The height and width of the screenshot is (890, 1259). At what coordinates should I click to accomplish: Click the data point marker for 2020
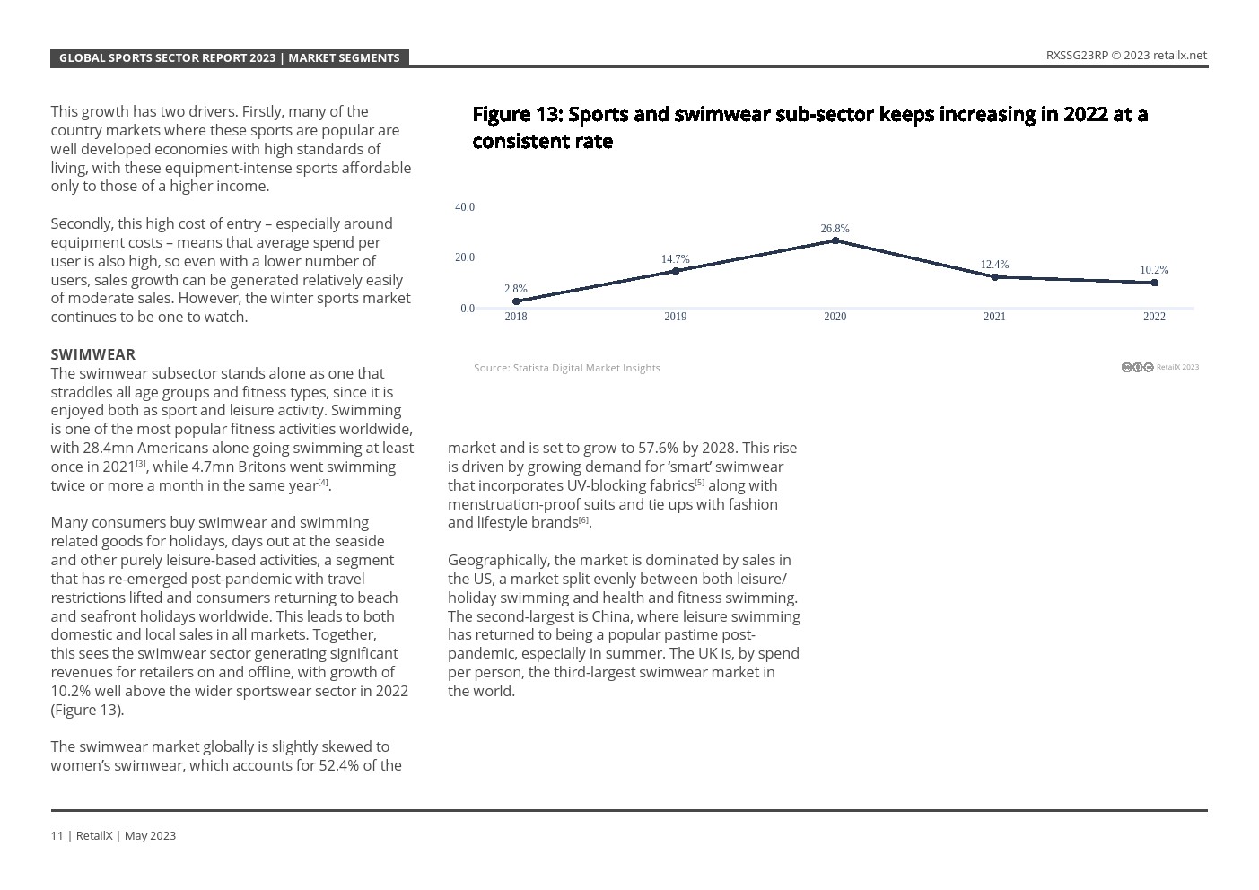tap(835, 240)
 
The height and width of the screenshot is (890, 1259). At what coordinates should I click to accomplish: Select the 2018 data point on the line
tap(516, 301)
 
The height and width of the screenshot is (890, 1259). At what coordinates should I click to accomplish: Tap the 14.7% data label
tap(675, 259)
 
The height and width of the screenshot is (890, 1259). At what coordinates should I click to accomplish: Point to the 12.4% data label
tap(994, 265)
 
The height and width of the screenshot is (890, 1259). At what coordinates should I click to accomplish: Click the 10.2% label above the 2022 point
tap(1154, 270)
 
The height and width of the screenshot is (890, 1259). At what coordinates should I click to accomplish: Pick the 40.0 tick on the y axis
tap(465, 207)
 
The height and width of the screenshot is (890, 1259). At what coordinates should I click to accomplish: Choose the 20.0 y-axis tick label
tap(465, 257)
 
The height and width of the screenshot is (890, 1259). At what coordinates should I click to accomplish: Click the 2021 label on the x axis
tap(994, 317)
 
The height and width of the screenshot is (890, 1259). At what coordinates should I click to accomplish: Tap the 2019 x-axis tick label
tap(675, 317)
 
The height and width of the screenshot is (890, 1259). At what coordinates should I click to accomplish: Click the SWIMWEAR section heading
tap(93, 354)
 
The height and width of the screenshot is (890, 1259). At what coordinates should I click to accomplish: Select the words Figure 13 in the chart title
tap(516, 115)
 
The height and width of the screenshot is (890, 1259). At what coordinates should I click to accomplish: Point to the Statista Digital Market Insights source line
tap(567, 368)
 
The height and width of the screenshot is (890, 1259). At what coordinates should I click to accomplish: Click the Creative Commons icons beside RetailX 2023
tap(1137, 367)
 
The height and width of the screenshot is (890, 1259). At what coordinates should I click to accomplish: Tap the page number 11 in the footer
tap(57, 836)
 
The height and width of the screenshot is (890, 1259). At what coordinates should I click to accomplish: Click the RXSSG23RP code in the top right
tap(1077, 56)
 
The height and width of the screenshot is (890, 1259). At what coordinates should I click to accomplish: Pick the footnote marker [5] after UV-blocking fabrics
tap(700, 483)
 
